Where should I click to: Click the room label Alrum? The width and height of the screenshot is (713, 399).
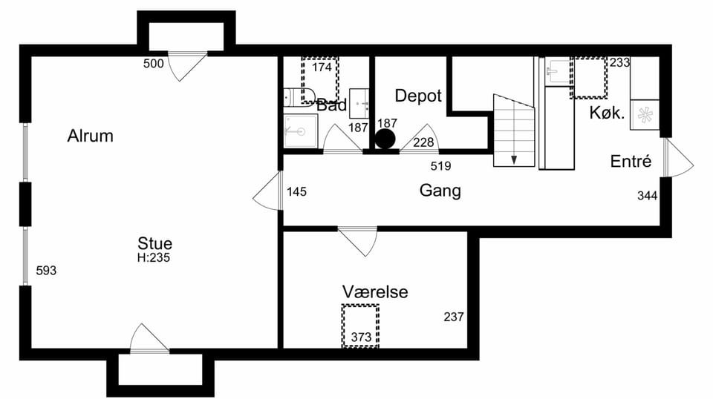[x=90, y=136]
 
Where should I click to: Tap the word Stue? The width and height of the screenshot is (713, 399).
[x=154, y=243]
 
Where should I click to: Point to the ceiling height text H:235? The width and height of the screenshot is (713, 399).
[x=154, y=258]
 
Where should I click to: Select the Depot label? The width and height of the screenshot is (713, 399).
[x=418, y=96]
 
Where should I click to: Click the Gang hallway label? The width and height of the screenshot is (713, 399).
[x=440, y=191]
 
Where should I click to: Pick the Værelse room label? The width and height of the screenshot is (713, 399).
[x=375, y=291]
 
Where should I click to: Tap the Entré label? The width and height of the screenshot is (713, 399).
[x=631, y=161]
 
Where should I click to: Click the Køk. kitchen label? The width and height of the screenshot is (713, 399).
[x=607, y=112]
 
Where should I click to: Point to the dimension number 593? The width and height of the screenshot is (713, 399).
[x=46, y=271]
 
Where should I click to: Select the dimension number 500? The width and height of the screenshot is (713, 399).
[x=153, y=64]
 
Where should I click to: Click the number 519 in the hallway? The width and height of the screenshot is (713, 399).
[x=440, y=166]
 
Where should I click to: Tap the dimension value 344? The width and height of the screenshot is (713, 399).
[x=647, y=196]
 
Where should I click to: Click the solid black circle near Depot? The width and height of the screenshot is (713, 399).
[x=385, y=139]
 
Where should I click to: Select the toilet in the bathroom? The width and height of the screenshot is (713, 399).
[x=299, y=96]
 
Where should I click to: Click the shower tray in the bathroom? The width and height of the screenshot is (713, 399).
[x=301, y=131]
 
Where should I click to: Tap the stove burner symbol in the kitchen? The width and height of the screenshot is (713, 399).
[x=645, y=115]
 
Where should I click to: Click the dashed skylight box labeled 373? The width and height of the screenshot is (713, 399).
[x=361, y=326]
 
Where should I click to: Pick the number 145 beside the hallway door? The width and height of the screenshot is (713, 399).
[x=296, y=192]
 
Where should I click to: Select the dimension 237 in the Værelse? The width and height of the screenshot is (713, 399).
[x=454, y=317]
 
